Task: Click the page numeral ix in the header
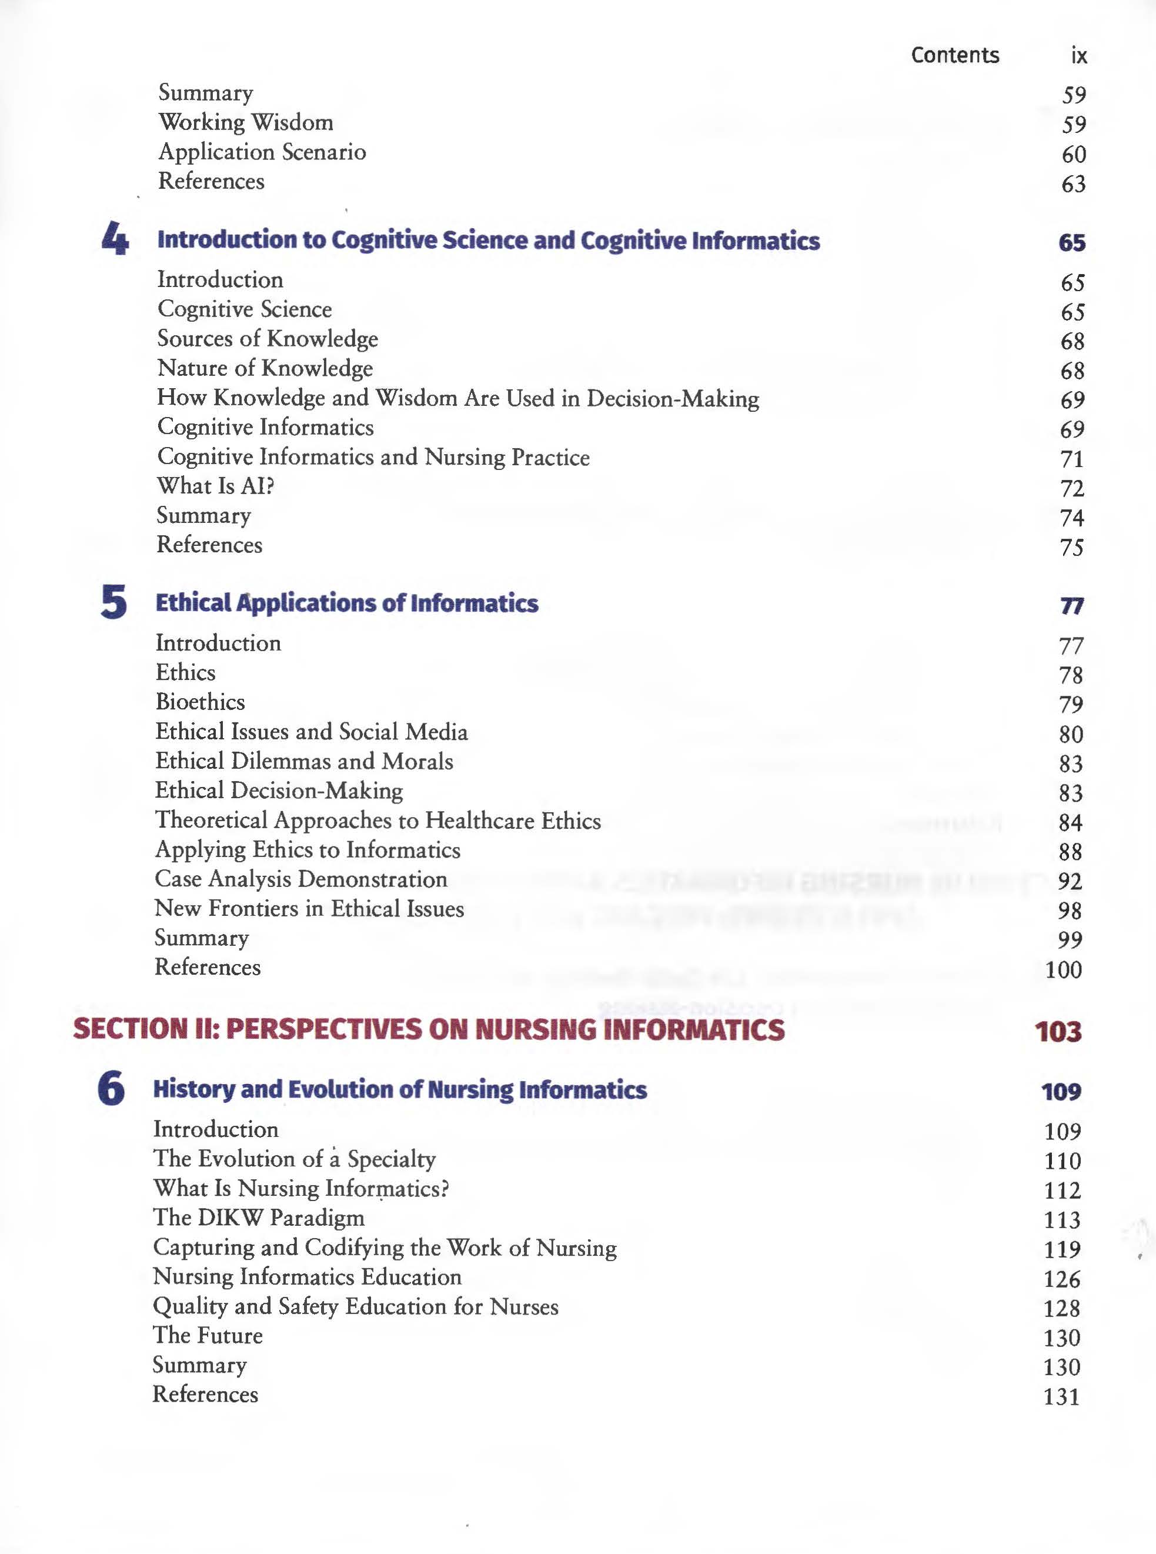pos(1078,55)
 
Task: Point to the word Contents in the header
pos(954,55)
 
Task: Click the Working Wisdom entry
pos(246,122)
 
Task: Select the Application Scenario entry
pos(262,152)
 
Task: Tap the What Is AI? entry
pos(216,486)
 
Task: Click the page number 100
pos(1063,969)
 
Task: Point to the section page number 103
pos(1058,1031)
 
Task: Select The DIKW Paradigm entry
pos(259,1218)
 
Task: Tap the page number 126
pos(1061,1279)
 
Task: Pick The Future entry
pos(208,1335)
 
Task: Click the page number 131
pos(1061,1396)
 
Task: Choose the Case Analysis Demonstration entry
pos(301,879)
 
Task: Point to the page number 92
pos(1070,881)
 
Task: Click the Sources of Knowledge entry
pos(268,339)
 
